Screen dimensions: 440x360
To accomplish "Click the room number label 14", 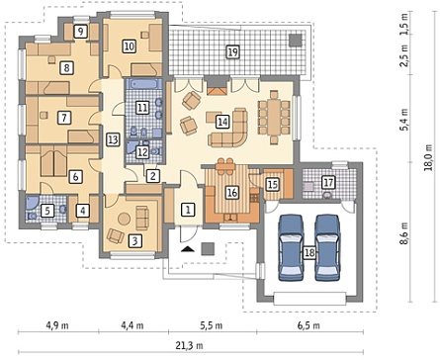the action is (222, 122).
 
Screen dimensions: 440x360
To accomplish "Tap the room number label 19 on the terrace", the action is (232, 51).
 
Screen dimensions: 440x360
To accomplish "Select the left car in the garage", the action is (291, 247).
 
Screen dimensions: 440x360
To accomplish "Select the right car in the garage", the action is (327, 247).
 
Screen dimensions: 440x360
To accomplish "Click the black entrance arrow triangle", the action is (188, 249).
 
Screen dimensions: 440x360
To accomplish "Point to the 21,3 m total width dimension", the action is (191, 345).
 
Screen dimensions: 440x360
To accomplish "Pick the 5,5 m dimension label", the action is (211, 325).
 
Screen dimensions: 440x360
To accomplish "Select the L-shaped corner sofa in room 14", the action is (228, 127).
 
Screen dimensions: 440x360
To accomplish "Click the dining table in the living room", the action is (274, 117).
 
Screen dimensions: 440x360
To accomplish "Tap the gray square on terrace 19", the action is (296, 40).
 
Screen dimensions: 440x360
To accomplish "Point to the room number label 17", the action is (329, 182).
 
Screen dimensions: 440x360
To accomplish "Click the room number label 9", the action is (80, 32).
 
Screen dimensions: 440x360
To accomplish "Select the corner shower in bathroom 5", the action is (32, 204).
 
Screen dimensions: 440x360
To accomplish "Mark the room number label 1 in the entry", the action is (188, 210).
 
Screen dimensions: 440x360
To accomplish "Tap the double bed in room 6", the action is (53, 161).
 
